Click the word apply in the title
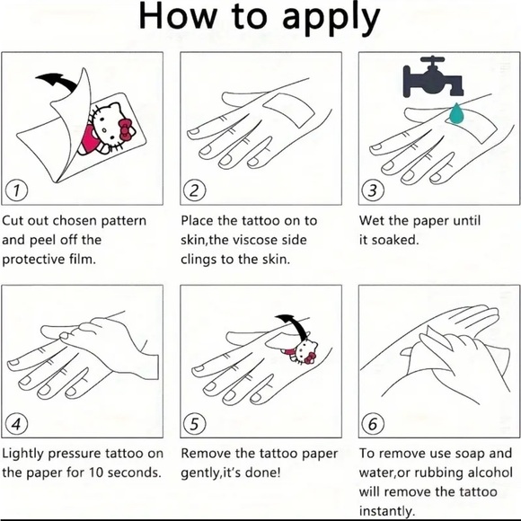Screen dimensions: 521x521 331,18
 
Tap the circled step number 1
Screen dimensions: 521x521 16,190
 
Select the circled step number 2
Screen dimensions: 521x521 195,190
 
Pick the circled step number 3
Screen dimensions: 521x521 373,190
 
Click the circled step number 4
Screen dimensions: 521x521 16,424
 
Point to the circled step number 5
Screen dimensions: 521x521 195,424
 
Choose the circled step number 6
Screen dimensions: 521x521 373,424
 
